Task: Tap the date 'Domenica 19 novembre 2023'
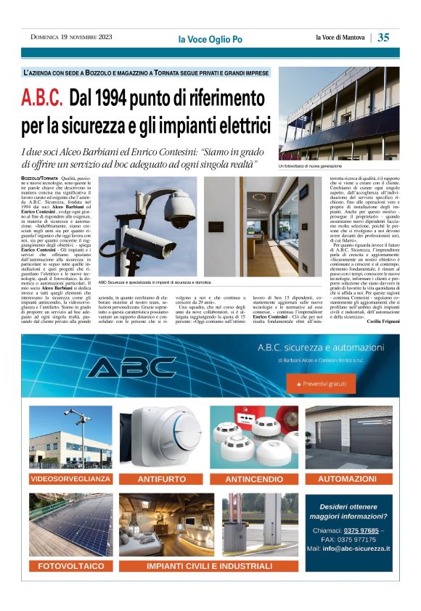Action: click(x=71, y=37)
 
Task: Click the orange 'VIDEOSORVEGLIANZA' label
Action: click(x=71, y=479)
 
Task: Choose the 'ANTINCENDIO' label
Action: click(x=254, y=479)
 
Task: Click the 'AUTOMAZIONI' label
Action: click(x=347, y=479)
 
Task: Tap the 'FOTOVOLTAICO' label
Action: click(x=71, y=565)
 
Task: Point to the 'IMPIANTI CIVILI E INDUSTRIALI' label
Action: click(x=208, y=565)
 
